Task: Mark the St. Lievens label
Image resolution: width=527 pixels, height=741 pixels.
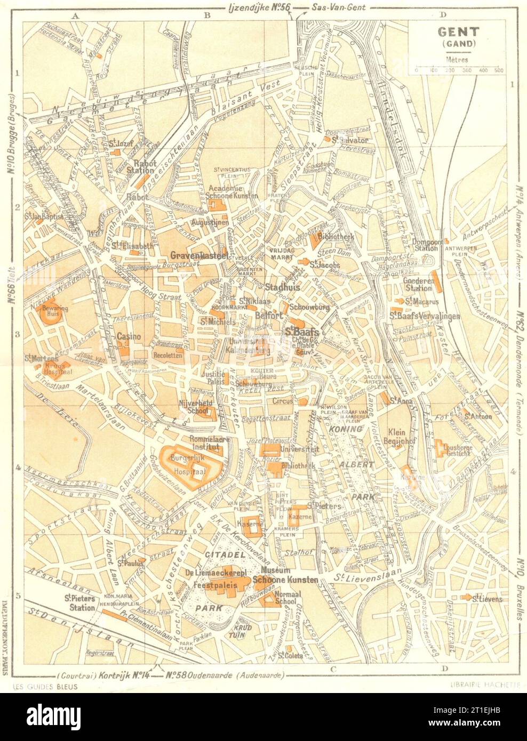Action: coord(488,599)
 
